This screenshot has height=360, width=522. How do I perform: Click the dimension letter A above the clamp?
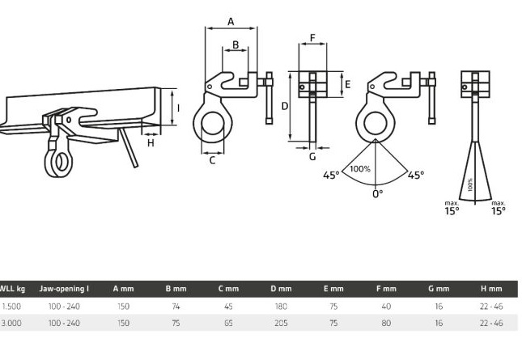click(231, 22)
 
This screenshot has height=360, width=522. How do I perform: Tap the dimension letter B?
click(236, 44)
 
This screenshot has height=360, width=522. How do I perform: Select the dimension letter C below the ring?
click(212, 160)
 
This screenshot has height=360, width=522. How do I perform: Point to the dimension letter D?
click(285, 106)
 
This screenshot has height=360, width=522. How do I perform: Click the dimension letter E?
click(347, 84)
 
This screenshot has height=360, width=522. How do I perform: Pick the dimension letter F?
click(312, 38)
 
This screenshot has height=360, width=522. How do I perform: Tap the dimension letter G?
click(312, 156)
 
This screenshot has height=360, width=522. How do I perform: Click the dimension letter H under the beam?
click(151, 143)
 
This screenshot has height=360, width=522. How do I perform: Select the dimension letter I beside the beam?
click(178, 108)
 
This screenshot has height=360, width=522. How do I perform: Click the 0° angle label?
click(377, 194)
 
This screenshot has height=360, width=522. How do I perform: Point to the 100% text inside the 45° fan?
click(360, 169)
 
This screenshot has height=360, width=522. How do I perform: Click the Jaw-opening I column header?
click(64, 289)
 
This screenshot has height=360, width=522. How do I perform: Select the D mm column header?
click(281, 289)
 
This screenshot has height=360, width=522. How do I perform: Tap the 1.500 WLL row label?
click(12, 306)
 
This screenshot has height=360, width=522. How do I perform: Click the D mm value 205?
click(281, 323)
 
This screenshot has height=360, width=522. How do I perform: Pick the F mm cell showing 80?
click(386, 323)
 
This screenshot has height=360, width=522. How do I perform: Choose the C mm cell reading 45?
click(228, 306)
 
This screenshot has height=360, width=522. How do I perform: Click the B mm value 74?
click(176, 306)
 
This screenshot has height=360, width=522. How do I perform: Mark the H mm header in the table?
click(491, 289)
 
